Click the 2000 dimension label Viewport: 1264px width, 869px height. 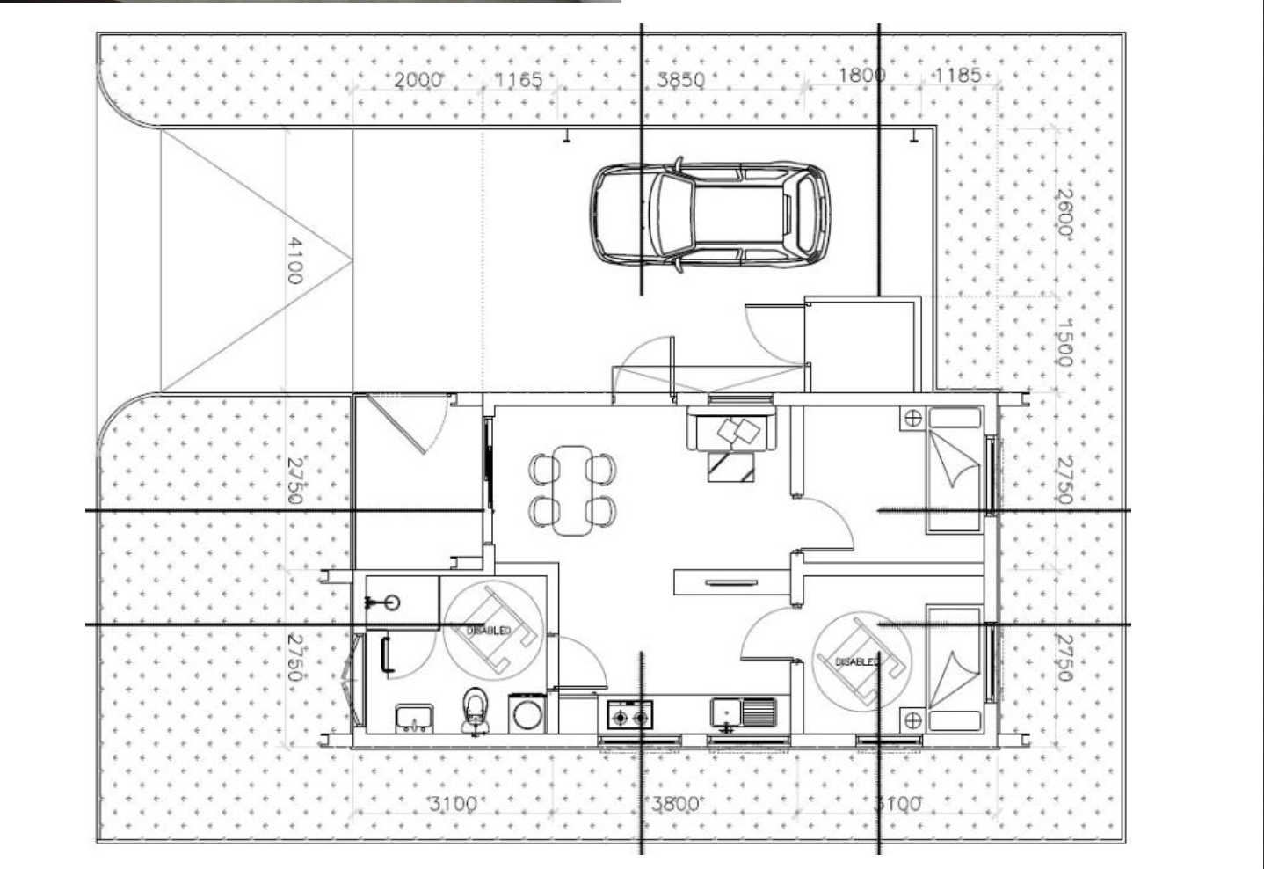coord(417,80)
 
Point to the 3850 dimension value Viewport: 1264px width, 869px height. coord(681,80)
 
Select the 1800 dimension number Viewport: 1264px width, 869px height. coord(861,75)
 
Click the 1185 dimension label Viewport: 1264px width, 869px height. coord(957,75)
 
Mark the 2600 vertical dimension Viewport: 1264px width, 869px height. coord(1064,212)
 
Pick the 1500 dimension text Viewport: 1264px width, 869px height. coord(1064,343)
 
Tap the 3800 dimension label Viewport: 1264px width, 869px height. coord(677,803)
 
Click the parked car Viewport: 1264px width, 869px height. coord(709,214)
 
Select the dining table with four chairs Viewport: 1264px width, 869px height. coord(573,489)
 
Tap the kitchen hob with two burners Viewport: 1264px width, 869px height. coord(630,715)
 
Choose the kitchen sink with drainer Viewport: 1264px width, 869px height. coord(743,712)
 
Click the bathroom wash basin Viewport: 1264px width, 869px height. coord(412,717)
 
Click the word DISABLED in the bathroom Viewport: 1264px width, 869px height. coord(490,631)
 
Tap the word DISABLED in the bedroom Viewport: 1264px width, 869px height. coord(856,661)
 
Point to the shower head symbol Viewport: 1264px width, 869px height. coord(384,602)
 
